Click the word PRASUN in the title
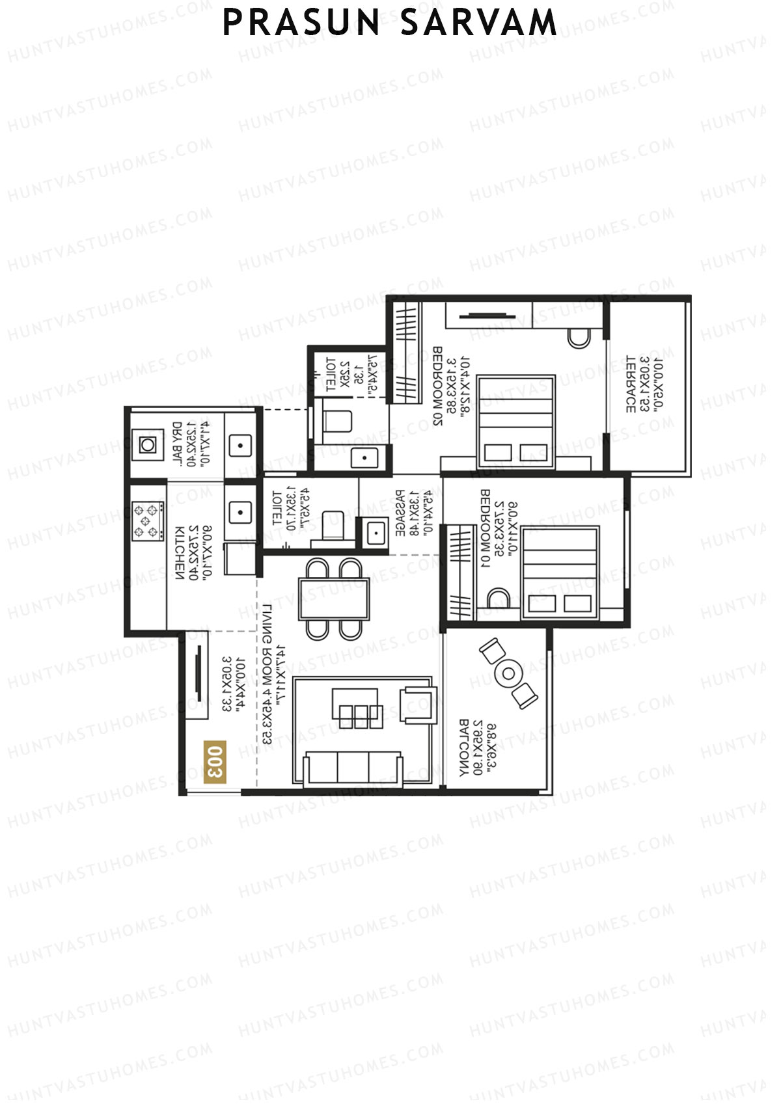coord(301,23)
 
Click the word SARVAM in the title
coord(478,23)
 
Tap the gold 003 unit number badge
coord(215,761)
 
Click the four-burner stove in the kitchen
coord(148,520)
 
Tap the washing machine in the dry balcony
coord(148,445)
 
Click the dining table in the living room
coord(334,599)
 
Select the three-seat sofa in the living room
coord(353,768)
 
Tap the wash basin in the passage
coord(376,533)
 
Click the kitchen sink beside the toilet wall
coord(240,513)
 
